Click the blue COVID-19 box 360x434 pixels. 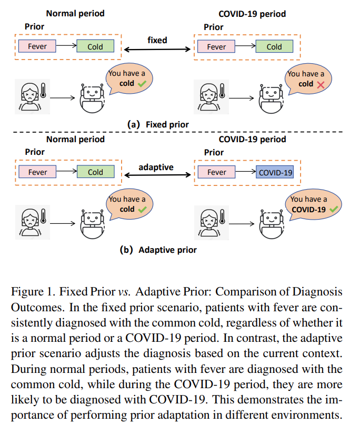tap(275, 172)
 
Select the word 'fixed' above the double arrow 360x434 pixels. tap(157, 40)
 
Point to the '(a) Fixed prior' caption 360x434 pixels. tap(158, 124)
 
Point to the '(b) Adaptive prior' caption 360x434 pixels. tap(158, 250)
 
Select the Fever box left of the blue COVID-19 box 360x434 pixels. tap(216, 172)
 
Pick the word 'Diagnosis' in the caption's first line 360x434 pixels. tap(322, 292)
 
